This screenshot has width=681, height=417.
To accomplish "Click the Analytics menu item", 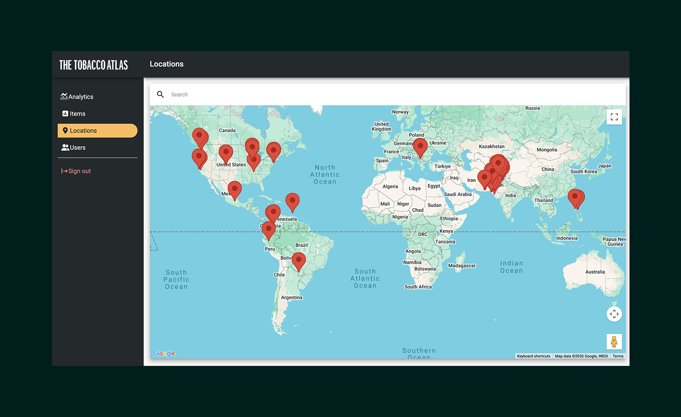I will (77, 97).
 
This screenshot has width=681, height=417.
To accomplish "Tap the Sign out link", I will (76, 171).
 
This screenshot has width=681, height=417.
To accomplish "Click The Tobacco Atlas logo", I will (94, 65).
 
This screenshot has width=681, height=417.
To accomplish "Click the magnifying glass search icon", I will (160, 95).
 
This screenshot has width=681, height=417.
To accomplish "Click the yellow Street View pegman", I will (614, 341).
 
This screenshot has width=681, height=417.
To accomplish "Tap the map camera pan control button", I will (614, 314).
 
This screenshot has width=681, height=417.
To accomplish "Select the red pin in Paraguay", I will (299, 260).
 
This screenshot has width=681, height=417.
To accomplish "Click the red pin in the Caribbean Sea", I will (292, 201).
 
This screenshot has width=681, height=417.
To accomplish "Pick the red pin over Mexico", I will (235, 189).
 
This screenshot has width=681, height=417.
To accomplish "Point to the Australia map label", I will (595, 272).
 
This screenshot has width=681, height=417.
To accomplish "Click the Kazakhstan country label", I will (492, 147).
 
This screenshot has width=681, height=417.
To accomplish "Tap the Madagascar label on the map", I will (462, 266).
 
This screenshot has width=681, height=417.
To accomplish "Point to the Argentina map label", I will (292, 297).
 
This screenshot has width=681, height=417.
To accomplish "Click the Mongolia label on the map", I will (547, 150).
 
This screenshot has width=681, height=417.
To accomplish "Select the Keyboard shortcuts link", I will (533, 356).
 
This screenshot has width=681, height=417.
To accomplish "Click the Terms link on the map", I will (618, 356).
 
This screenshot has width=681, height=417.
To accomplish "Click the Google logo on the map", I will (164, 353).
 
